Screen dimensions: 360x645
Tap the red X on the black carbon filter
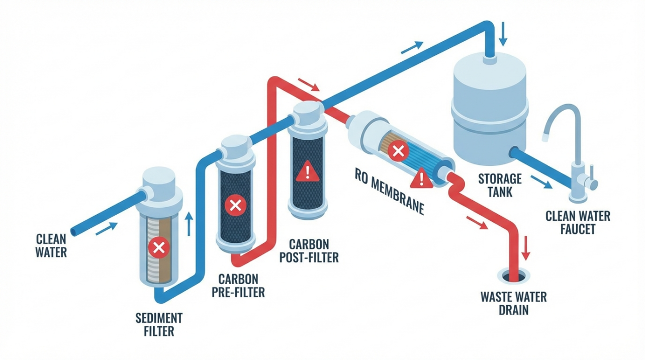click(x=234, y=205)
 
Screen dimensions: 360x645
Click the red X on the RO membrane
click(x=398, y=150)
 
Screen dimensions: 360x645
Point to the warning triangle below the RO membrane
click(x=421, y=177)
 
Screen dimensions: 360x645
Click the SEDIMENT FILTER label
click(x=159, y=325)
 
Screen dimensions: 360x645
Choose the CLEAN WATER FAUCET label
click(x=578, y=223)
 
